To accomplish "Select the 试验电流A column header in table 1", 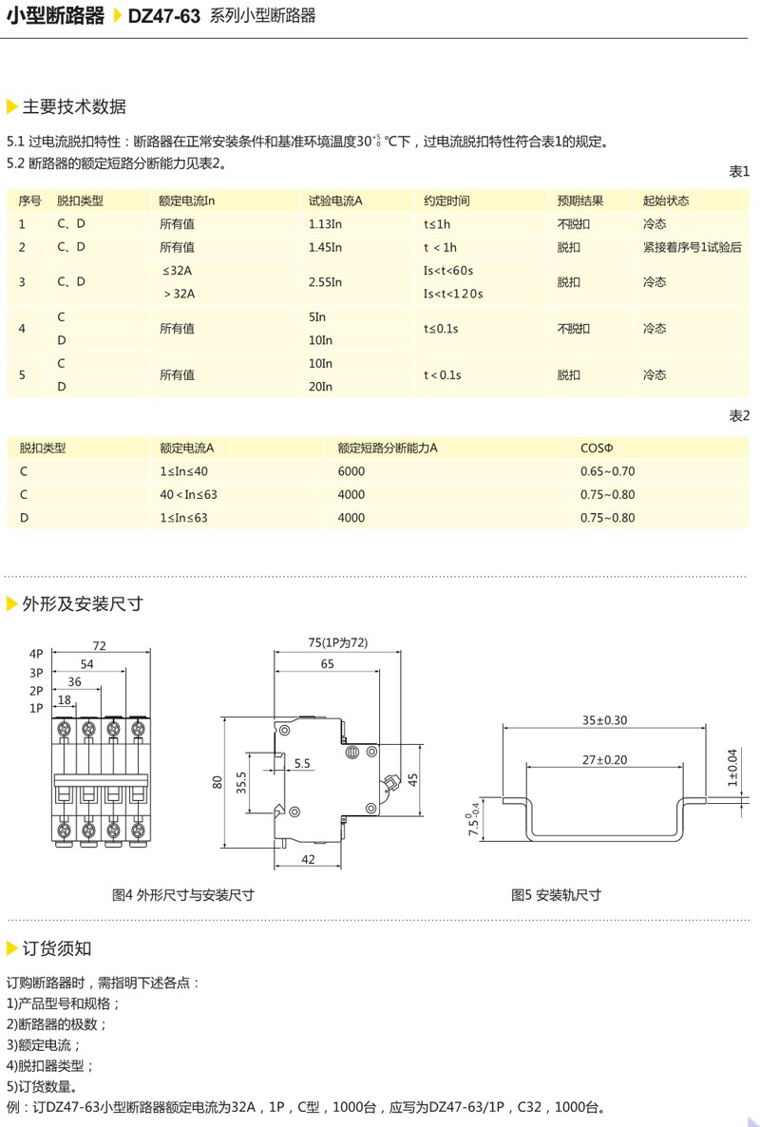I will coord(336,201).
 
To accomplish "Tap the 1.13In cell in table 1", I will coord(326,224).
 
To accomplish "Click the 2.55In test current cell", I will coord(326,282).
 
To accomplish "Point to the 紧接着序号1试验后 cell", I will coord(691,247).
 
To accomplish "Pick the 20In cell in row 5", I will coord(321,387).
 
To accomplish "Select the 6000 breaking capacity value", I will coord(351,471).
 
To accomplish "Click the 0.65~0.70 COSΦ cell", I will coord(607,471).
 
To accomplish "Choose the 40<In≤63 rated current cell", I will coord(189,494).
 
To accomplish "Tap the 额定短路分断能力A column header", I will coord(393,448).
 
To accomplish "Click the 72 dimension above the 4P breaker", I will coord(99,646).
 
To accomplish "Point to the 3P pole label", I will coord(36,672).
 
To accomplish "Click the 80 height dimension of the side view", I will coord(218,783).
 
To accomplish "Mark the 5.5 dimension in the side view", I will coord(302,763).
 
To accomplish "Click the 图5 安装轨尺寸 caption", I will coord(556,895).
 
